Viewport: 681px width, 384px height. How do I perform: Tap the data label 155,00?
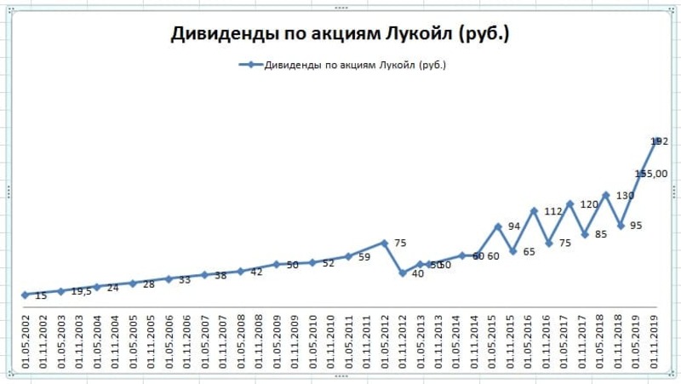(x=651, y=174)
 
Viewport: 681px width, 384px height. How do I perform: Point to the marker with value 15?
(x=25, y=295)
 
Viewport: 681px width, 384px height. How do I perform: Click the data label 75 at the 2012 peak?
(x=400, y=244)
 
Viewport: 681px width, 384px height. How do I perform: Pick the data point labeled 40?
(x=402, y=273)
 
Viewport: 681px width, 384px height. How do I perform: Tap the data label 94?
(x=514, y=227)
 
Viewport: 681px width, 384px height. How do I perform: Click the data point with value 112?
(x=534, y=210)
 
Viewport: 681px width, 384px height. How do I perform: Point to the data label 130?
(x=625, y=196)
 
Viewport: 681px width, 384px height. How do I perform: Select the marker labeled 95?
(x=621, y=226)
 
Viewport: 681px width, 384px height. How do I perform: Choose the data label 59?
(x=364, y=256)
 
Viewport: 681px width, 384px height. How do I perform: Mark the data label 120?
(x=588, y=204)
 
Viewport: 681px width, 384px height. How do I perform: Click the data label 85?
(x=600, y=234)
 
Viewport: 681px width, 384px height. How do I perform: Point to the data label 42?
(x=256, y=272)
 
